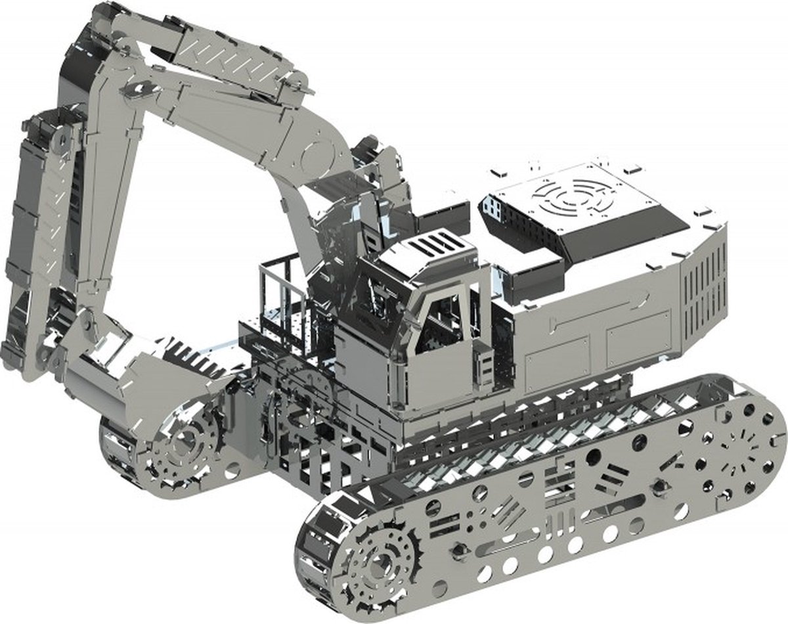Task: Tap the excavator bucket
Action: click(131, 374)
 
